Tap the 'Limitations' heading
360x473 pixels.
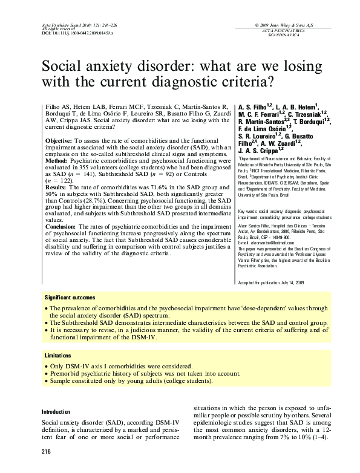59,356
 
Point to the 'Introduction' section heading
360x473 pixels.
56,411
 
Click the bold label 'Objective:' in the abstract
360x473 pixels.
59,140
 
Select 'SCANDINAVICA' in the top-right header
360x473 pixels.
301,34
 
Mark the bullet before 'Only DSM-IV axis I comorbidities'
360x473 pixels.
48,367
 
